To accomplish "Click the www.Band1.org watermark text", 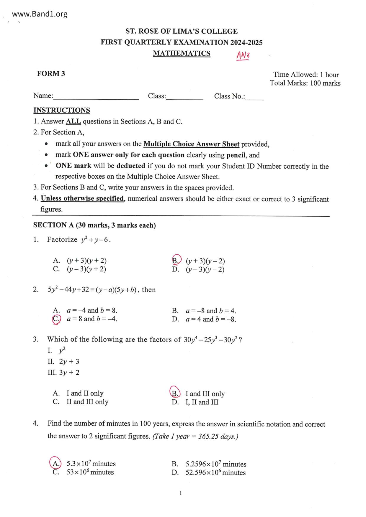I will (40, 14).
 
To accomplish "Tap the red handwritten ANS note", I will (243, 55).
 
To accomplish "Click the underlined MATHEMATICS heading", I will (182, 53).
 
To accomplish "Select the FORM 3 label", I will (51, 74).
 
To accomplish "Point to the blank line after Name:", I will (96, 98).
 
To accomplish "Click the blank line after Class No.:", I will (254, 98).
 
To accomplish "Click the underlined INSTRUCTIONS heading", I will (62, 110).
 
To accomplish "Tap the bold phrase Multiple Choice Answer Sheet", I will (191, 144).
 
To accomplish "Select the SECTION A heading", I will (94, 225).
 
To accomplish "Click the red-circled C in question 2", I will (56, 319).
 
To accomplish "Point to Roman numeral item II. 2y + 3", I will (63, 362).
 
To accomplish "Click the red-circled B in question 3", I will (175, 393).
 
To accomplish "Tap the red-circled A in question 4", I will (55, 463).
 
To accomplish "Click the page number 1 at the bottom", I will (181, 493).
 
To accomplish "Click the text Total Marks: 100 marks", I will (305, 83).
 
